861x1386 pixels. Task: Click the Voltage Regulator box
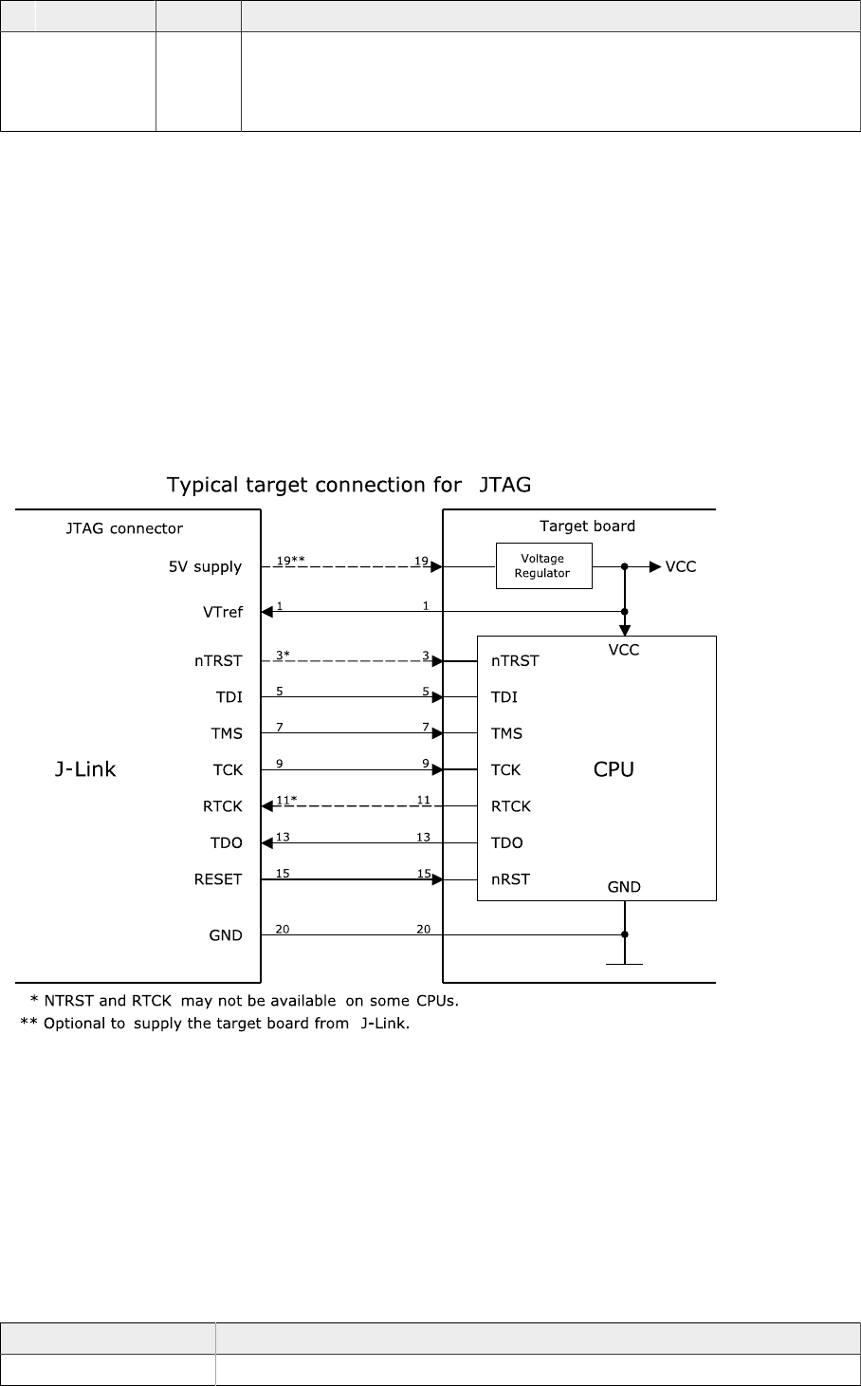[543, 565]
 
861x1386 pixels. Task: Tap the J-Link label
[85, 769]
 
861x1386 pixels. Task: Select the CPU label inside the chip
[614, 769]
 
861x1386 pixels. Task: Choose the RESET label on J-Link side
[218, 879]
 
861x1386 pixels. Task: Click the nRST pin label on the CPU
[510, 879]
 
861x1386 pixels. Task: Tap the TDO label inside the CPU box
[508, 842]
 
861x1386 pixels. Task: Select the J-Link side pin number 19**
[290, 561]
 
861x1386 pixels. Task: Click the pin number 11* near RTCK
[286, 800]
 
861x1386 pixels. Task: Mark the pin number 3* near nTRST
[283, 655]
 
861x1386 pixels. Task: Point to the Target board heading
[587, 526]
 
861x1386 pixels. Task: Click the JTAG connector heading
[124, 528]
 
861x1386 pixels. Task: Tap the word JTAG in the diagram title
[505, 485]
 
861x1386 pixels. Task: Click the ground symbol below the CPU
[624, 962]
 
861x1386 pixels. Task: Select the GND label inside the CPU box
[624, 887]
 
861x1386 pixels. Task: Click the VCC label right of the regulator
[681, 567]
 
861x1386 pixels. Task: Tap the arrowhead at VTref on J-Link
[267, 612]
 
